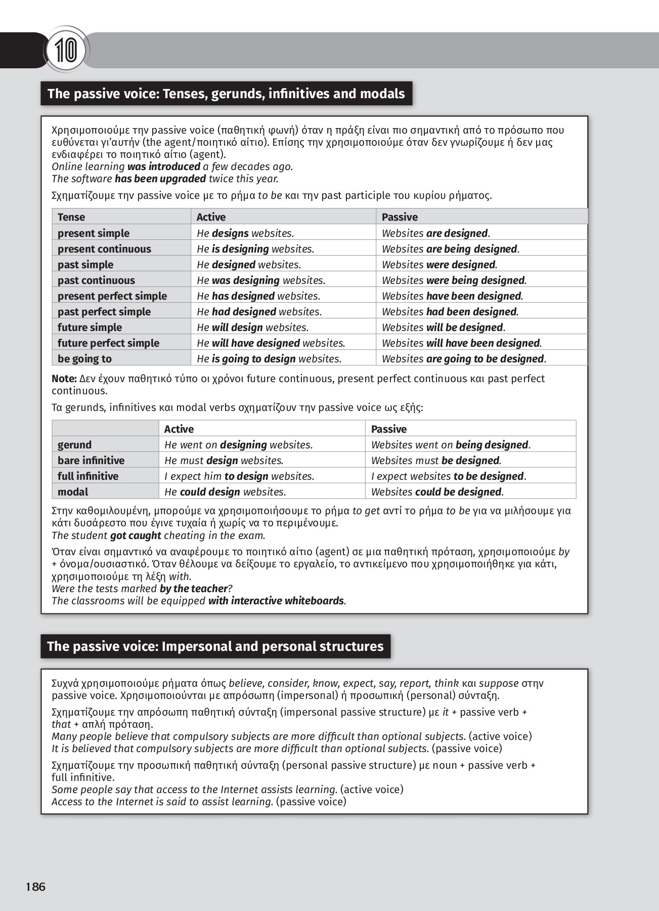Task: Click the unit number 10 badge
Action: tap(66, 51)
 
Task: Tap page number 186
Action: tap(35, 887)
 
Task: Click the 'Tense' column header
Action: tap(71, 217)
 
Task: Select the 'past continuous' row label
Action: tap(96, 280)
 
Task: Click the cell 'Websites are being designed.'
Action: tap(450, 249)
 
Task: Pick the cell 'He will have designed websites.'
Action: tap(271, 343)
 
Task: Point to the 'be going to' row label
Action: tap(84, 359)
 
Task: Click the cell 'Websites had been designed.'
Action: tap(450, 312)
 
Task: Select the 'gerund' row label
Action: tap(74, 445)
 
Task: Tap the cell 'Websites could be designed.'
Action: tap(437, 492)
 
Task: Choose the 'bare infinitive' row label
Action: tap(91, 461)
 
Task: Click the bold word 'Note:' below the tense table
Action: tap(64, 379)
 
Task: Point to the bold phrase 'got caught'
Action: tap(136, 535)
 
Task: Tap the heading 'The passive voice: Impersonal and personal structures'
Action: tap(215, 646)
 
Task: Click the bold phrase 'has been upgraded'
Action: tap(160, 179)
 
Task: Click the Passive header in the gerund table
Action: tap(388, 429)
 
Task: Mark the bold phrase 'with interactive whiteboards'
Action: tap(276, 601)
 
